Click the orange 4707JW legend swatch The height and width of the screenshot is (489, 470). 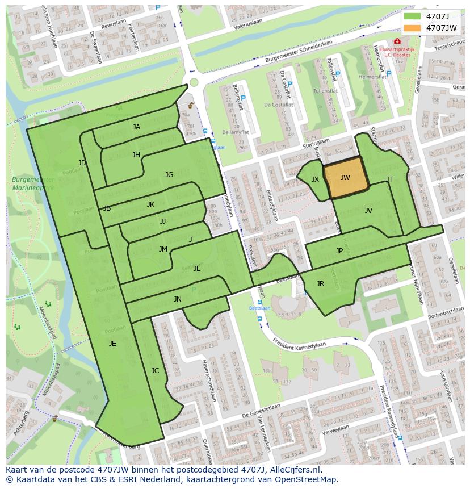tap(413, 27)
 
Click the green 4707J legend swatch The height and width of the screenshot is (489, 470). tap(413, 16)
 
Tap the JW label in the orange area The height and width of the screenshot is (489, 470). tap(345, 178)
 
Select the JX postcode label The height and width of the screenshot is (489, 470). tap(315, 179)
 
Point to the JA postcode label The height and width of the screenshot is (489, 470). tap(136, 127)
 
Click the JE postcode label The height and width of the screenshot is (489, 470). tap(112, 343)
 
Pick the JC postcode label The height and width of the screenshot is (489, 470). tap(155, 370)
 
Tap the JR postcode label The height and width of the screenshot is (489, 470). tap(320, 284)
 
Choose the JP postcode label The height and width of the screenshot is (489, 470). tap(339, 250)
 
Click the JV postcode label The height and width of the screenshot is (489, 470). tap(368, 211)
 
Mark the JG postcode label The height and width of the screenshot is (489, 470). tap(169, 175)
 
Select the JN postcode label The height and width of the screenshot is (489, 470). tap(178, 299)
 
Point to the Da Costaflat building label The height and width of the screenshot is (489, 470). tap(278, 105)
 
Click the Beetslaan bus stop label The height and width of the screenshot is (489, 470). tap(259, 308)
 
